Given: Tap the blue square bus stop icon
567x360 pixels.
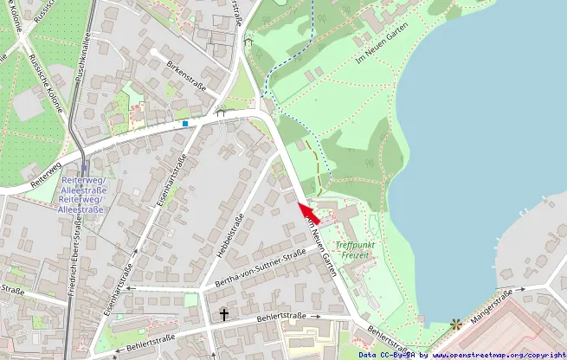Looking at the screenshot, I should pyautogui.click(x=185, y=124).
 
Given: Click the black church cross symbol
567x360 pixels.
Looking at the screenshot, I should pyautogui.click(x=224, y=314).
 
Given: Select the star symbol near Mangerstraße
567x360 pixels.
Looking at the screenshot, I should pyautogui.click(x=455, y=325).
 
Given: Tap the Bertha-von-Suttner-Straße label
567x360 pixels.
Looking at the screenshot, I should pyautogui.click(x=260, y=270).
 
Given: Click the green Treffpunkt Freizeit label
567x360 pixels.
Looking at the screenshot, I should pyautogui.click(x=354, y=249).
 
